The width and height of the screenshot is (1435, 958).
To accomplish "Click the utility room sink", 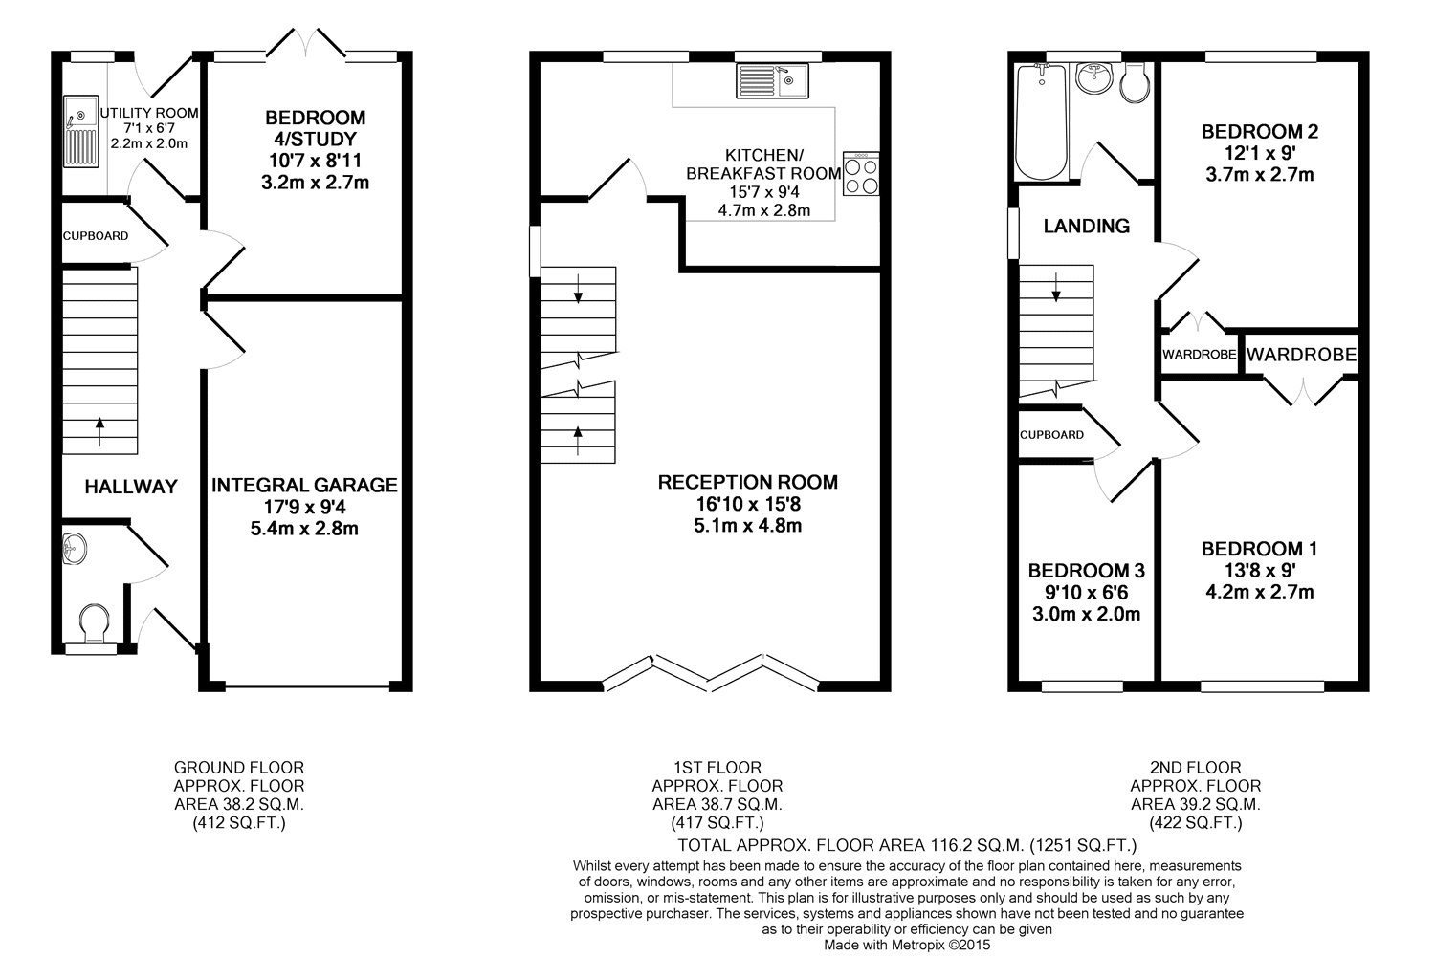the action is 80,132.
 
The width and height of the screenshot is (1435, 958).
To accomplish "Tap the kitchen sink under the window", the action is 773,80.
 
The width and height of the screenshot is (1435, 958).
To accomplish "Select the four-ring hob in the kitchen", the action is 861,174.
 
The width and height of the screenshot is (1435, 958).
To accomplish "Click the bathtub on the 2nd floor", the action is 1042,121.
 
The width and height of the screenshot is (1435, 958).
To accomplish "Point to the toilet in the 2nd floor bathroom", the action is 1136,82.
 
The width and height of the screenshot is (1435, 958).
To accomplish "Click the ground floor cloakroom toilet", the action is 94,622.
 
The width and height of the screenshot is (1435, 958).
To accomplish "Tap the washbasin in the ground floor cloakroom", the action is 74,549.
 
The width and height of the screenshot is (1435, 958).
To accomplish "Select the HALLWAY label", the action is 131,487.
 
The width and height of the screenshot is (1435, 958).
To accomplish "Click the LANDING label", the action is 1087,226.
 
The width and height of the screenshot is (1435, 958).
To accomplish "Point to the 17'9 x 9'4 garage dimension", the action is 304,507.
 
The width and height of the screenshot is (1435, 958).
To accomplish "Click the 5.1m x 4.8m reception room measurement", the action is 747,526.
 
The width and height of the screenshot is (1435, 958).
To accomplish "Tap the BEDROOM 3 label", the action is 1087,571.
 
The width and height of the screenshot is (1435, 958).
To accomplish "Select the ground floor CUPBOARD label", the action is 96,235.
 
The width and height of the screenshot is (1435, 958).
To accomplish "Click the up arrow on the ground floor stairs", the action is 99,431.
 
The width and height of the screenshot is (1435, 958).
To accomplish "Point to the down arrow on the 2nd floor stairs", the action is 1056,287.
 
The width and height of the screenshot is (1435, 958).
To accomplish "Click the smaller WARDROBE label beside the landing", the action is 1200,354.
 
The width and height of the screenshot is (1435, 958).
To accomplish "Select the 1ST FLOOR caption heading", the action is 717,767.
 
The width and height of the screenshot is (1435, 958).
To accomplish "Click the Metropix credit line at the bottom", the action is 907,945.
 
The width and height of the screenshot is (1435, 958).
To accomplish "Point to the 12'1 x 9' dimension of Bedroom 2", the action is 1260,153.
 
